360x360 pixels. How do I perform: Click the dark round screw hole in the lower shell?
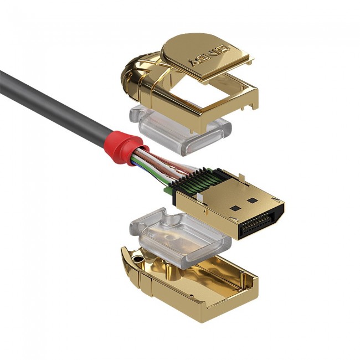click(x=137, y=258)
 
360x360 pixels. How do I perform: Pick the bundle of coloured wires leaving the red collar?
click(x=152, y=163)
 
